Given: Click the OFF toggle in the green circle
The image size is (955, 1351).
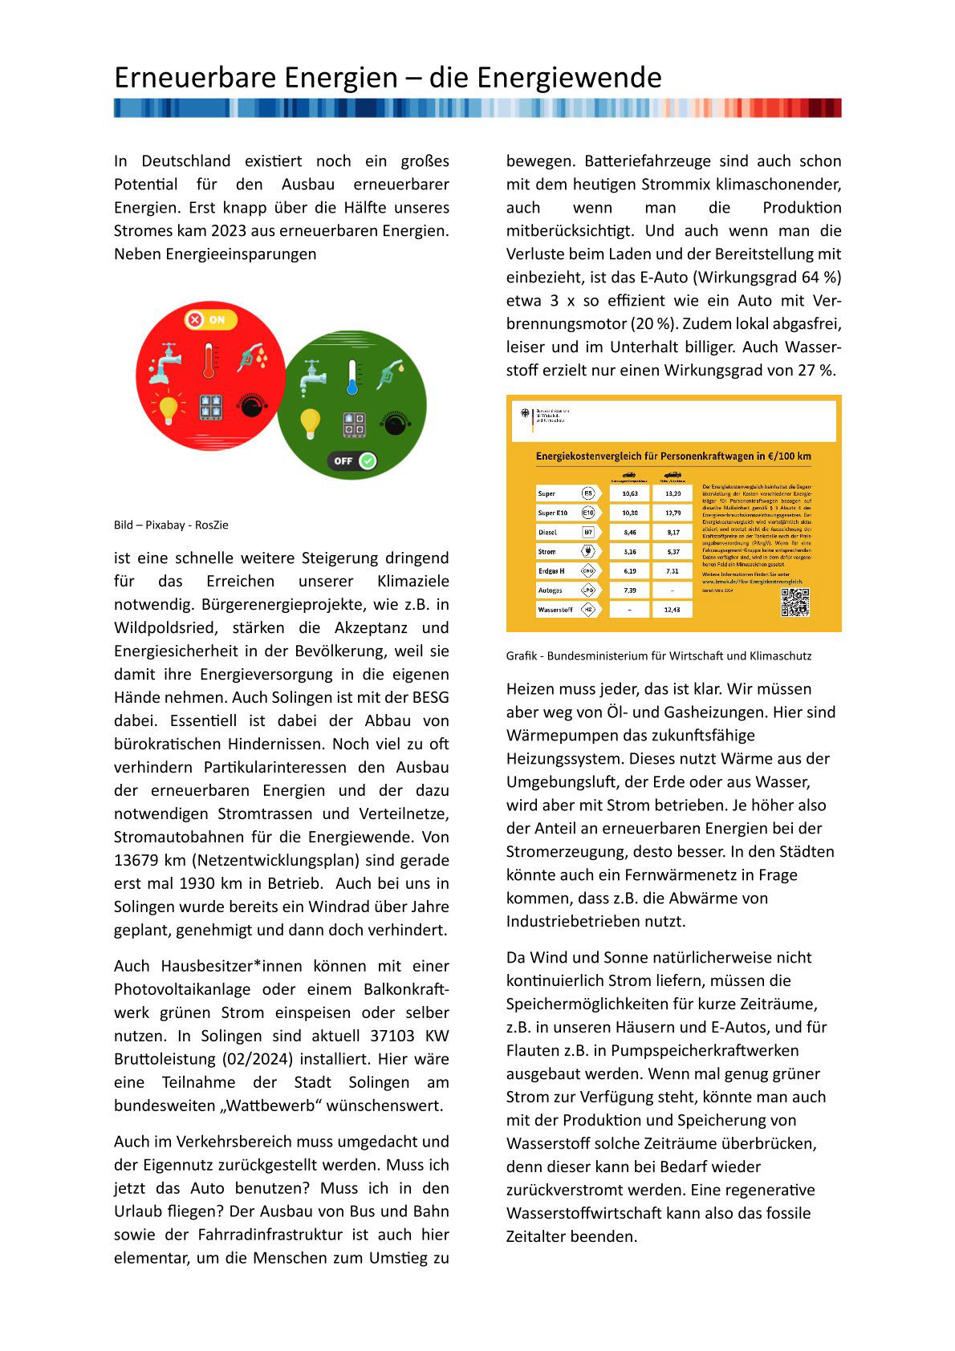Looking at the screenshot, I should point(352,461).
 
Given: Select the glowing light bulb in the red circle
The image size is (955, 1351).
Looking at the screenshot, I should point(168,408).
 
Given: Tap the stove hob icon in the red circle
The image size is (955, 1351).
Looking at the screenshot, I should point(211,407).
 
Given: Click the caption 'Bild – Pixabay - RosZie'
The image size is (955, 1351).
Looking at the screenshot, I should point(171,525).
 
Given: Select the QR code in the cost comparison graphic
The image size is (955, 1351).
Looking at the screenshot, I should point(794,602).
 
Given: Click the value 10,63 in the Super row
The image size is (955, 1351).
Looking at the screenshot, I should point(630,493).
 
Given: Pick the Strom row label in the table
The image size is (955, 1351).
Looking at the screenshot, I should point(547,552).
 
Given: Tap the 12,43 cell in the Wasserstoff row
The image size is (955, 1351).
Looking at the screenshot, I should point(673,610).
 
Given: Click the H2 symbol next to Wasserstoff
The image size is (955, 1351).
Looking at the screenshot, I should point(588,610).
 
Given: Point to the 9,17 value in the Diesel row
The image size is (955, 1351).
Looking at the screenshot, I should point(673,532).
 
